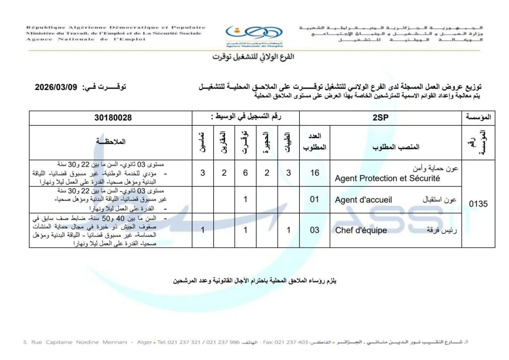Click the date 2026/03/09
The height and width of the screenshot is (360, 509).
click(x=57, y=87)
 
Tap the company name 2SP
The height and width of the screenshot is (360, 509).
click(x=381, y=118)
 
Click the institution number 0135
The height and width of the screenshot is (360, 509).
click(x=479, y=203)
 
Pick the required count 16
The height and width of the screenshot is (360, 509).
click(x=314, y=173)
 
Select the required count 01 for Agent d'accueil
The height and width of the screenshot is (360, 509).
click(x=314, y=200)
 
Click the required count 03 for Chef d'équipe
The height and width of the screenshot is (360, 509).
click(x=314, y=230)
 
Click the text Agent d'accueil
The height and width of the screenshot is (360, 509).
click(x=363, y=200)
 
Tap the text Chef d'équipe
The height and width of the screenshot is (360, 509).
click(x=361, y=230)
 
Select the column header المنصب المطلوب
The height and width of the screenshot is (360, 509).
click(x=395, y=147)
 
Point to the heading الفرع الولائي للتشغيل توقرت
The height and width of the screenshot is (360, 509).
click(x=254, y=57)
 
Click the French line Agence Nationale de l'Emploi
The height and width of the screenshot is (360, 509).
click(x=78, y=39)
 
